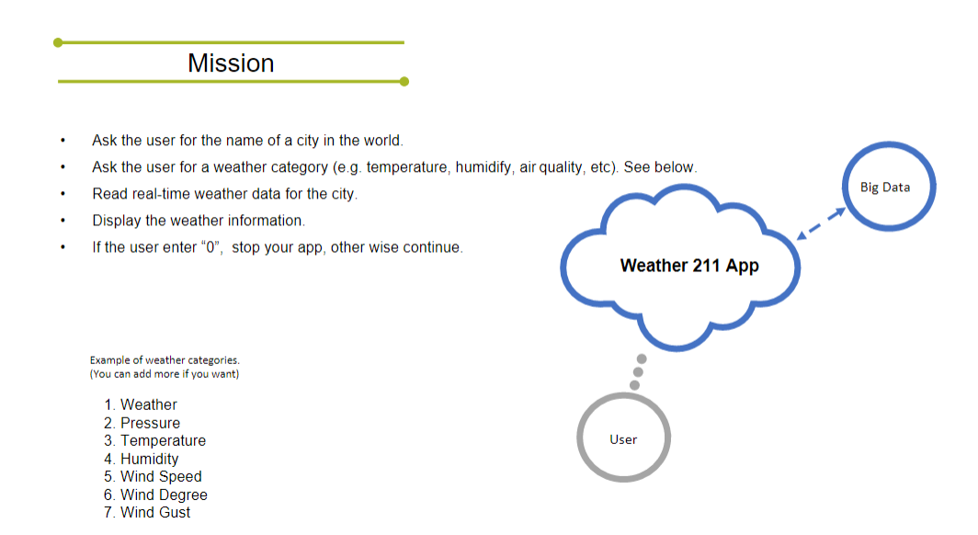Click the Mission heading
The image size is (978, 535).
click(x=231, y=63)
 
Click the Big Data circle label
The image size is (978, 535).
click(x=885, y=187)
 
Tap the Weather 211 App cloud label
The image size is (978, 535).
click(x=689, y=266)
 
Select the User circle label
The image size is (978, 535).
click(x=623, y=439)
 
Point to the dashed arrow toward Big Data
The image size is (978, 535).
click(x=822, y=223)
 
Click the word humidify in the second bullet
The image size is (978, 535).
click(x=483, y=167)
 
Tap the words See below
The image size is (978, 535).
click(x=660, y=167)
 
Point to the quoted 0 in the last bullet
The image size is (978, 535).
click(x=211, y=247)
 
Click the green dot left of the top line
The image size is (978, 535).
click(x=58, y=42)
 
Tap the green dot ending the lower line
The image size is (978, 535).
click(x=404, y=82)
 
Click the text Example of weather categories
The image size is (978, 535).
click(x=165, y=359)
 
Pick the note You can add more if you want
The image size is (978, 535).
click(x=165, y=374)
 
